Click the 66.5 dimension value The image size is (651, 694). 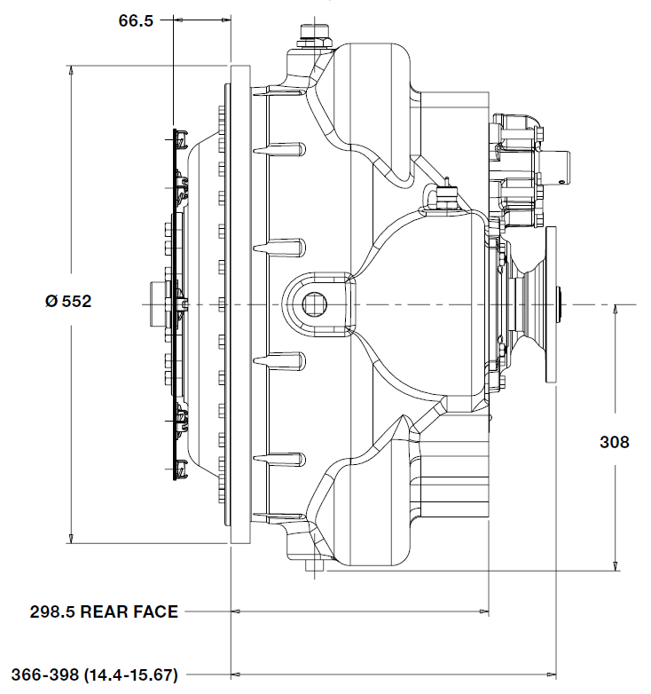click(137, 20)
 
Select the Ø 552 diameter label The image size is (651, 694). click(68, 302)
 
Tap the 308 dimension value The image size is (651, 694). click(615, 441)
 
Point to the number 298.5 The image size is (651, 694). click(52, 611)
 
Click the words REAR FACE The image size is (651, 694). click(129, 611)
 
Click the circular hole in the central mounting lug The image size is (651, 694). click(313, 304)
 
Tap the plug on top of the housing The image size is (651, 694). click(311, 33)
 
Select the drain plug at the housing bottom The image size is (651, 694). click(314, 565)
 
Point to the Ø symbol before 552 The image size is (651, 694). click(51, 302)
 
